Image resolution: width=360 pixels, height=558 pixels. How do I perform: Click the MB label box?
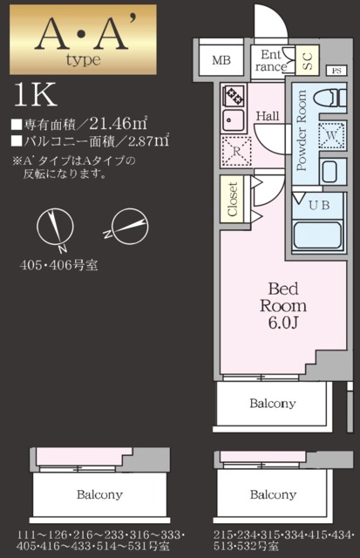pos(221,61)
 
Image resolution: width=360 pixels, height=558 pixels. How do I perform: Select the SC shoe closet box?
pos(308,60)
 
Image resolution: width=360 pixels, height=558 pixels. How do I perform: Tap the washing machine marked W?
pos(331,136)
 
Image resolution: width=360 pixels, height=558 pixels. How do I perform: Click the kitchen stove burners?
pos(234,94)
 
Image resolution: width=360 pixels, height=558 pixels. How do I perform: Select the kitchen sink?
pos(234,119)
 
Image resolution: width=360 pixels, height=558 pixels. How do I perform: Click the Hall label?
pos(268,115)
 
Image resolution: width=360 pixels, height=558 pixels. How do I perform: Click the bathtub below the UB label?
pos(317,235)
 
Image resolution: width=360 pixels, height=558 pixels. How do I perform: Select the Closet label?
pos(233,199)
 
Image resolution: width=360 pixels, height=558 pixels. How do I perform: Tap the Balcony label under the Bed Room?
pos(272,404)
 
